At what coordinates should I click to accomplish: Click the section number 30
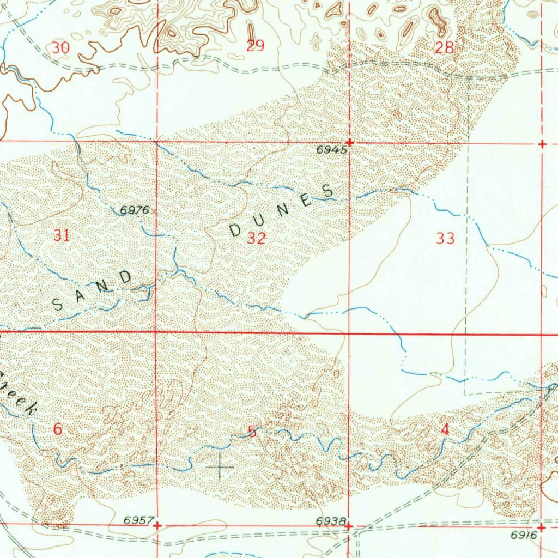pyautogui.click(x=61, y=48)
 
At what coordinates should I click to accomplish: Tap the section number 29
pyautogui.click(x=255, y=46)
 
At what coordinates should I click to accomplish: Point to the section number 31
pyautogui.click(x=62, y=235)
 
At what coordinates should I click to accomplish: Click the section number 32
pyautogui.click(x=256, y=238)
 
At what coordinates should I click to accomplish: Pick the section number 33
pyautogui.click(x=445, y=238)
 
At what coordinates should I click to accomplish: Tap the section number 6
pyautogui.click(x=58, y=429)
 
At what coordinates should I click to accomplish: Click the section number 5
pyautogui.click(x=252, y=432)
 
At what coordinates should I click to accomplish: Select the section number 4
pyautogui.click(x=446, y=430)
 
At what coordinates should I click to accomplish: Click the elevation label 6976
pyautogui.click(x=135, y=210)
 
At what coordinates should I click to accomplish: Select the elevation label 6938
pyautogui.click(x=330, y=521)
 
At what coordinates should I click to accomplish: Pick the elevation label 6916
pyautogui.click(x=524, y=536)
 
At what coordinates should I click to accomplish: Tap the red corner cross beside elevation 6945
pyautogui.click(x=349, y=143)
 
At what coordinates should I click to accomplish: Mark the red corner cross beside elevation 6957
pyautogui.click(x=157, y=526)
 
